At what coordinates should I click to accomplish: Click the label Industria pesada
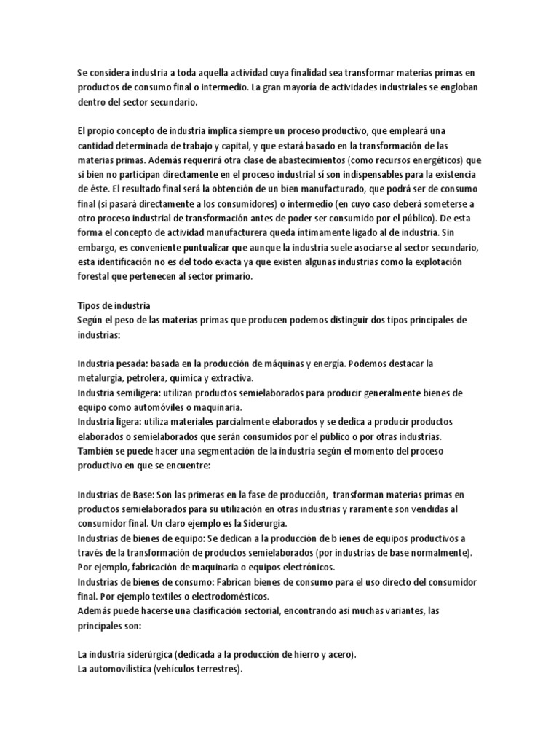pyautogui.click(x=111, y=364)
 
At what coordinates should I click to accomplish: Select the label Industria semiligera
pyautogui.click(x=116, y=393)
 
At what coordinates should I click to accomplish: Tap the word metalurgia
pyautogui.click(x=99, y=378)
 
